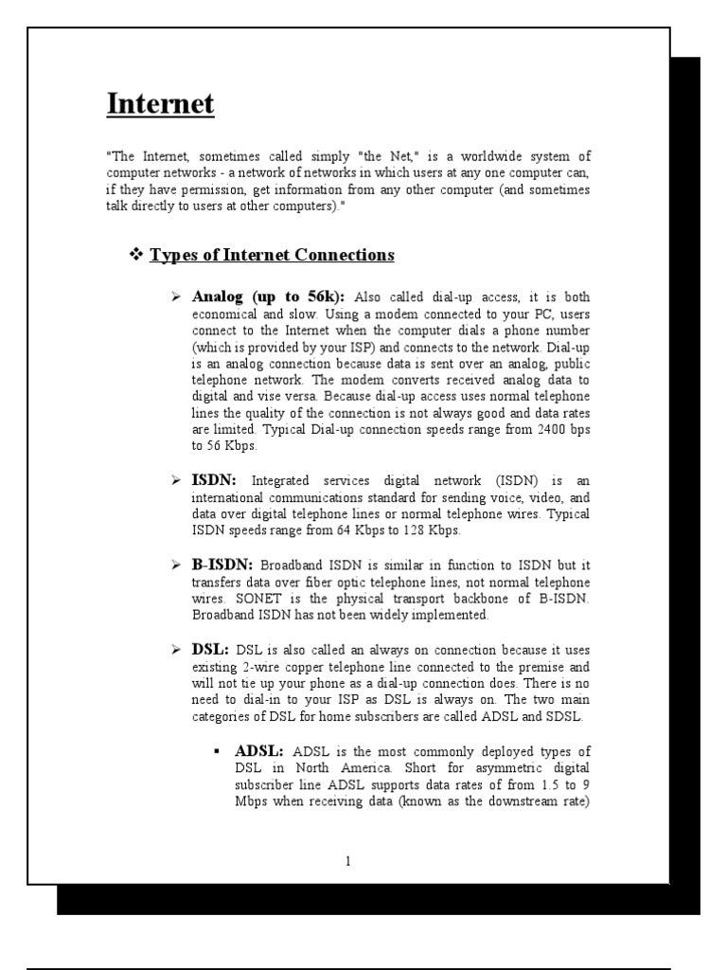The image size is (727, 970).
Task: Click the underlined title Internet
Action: pyautogui.click(x=160, y=103)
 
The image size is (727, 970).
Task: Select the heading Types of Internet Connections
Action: pyautogui.click(x=272, y=255)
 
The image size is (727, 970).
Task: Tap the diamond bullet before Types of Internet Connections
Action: pyautogui.click(x=134, y=255)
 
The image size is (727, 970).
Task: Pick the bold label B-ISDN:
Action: pyautogui.click(x=222, y=566)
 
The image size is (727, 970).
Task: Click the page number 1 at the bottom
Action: pyautogui.click(x=348, y=861)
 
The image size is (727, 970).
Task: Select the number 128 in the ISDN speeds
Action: pyautogui.click(x=416, y=530)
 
